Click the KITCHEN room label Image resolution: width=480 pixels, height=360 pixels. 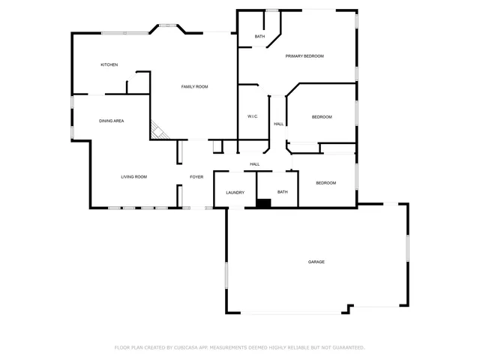coord(109,65)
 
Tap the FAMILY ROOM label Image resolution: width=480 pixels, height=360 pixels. coord(194,87)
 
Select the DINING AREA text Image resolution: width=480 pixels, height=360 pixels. coord(112,121)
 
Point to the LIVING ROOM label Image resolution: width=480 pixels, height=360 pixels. coord(134,177)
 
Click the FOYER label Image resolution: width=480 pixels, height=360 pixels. coord(196,177)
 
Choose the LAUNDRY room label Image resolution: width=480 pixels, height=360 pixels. coord(235,193)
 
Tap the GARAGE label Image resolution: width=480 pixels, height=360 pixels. coord(316,262)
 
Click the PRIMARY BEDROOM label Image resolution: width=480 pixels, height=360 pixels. coord(304,56)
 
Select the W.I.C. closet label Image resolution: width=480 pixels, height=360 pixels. coord(253,117)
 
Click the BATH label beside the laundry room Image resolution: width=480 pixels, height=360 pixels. coord(283,192)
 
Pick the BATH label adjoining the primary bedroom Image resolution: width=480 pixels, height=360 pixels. coord(259,37)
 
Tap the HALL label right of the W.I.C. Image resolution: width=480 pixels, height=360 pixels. coord(278,124)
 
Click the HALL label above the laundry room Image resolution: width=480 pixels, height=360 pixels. coord(255,164)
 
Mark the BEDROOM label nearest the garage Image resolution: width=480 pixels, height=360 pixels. coord(325,183)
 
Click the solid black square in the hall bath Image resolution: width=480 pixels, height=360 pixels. coord(263,202)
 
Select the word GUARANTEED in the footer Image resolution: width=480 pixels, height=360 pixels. coord(347,348)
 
